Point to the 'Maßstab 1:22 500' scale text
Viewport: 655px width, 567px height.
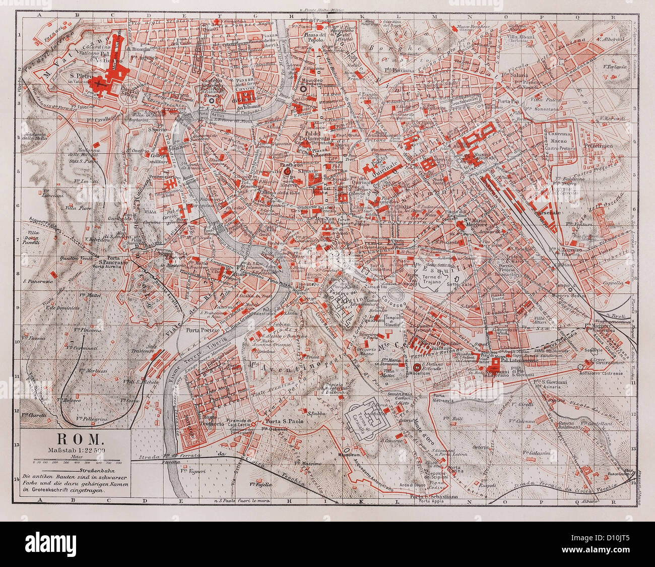76,450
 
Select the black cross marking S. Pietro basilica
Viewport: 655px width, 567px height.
104,84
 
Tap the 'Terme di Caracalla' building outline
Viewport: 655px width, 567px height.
370,418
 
